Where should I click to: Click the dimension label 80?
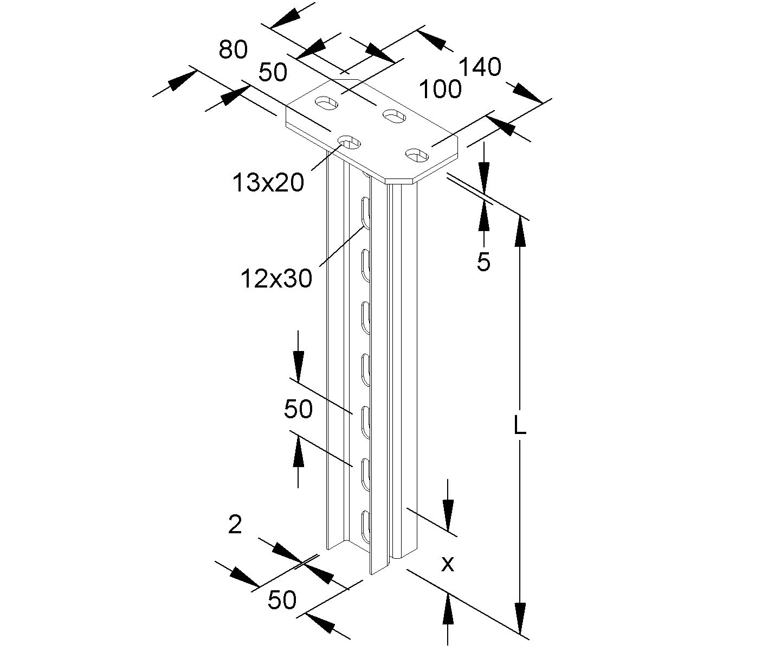click(x=233, y=50)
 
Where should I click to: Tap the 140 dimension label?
click(x=480, y=68)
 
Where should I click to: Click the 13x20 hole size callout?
click(x=268, y=183)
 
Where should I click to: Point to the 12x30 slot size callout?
click(x=276, y=279)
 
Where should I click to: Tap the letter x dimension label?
click(x=447, y=565)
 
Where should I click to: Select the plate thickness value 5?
click(x=483, y=263)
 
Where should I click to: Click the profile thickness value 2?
click(x=235, y=525)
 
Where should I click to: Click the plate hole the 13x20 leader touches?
click(x=350, y=143)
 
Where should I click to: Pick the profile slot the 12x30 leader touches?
click(x=366, y=213)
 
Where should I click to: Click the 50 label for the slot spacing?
click(x=298, y=409)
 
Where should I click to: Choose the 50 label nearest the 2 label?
click(x=282, y=600)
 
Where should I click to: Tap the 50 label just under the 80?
click(x=273, y=73)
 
